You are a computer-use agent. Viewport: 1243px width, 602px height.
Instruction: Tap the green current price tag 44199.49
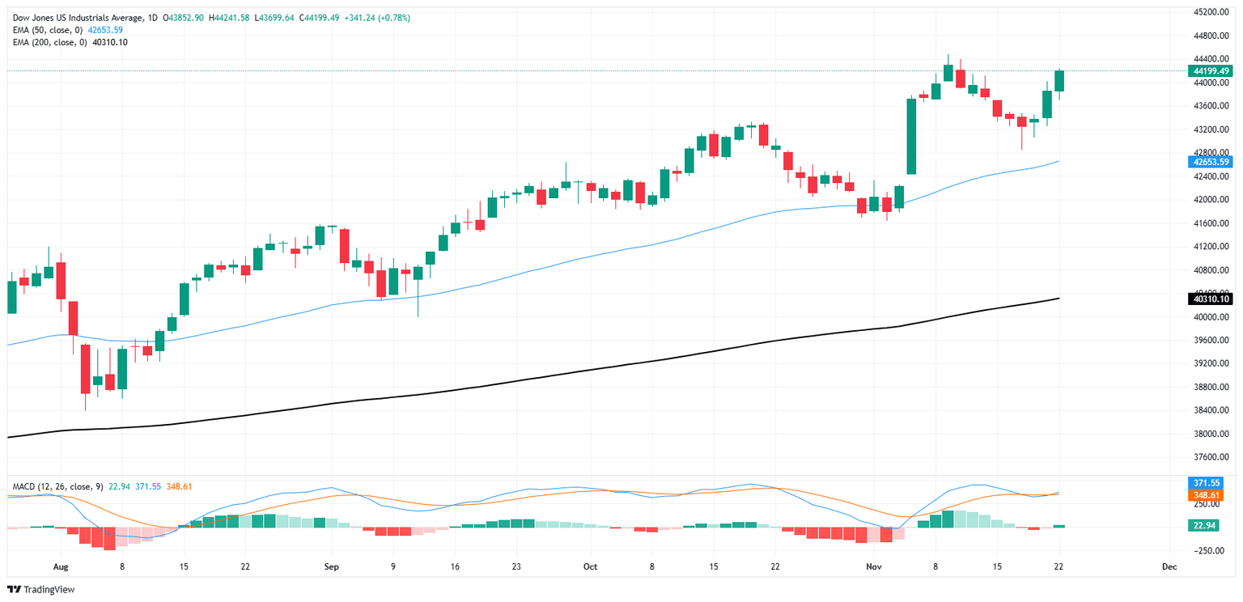coord(1211,71)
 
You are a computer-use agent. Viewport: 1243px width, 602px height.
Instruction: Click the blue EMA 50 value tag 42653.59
coord(1211,162)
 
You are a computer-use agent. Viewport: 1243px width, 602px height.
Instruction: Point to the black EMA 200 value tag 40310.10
coord(1211,299)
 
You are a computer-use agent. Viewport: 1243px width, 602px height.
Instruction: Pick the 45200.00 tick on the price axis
coord(1211,13)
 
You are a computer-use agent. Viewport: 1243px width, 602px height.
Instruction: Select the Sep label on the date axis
coord(330,566)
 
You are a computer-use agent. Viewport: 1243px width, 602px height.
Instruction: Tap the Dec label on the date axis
coord(1169,566)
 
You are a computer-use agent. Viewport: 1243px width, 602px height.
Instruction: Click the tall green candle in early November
coord(911,136)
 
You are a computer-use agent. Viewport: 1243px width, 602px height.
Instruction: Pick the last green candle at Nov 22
coord(1059,80)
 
